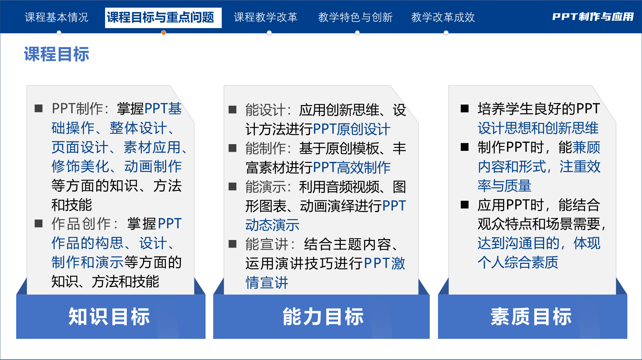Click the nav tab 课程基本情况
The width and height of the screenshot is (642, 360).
coord(57,17)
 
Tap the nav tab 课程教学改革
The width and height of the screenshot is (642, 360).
coord(265,17)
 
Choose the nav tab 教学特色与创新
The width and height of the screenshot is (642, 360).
coord(355,17)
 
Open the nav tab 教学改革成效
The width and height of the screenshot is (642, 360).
coord(443,17)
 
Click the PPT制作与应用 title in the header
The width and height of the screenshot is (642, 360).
coord(593,17)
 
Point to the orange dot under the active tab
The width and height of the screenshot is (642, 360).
coord(164,33)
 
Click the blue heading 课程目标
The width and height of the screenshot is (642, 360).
coord(57,54)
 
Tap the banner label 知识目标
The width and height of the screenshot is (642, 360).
coord(109,317)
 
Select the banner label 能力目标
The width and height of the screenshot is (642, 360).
coord(323,317)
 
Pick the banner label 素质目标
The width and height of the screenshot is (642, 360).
coord(531,317)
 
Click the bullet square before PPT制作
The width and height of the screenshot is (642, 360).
coord(39,108)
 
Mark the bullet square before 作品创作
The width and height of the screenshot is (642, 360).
coord(39,224)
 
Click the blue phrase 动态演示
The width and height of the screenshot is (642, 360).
coord(272,225)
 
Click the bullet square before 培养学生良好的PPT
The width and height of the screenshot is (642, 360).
coord(465,108)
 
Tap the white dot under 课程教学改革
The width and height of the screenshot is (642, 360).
coord(269,33)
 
